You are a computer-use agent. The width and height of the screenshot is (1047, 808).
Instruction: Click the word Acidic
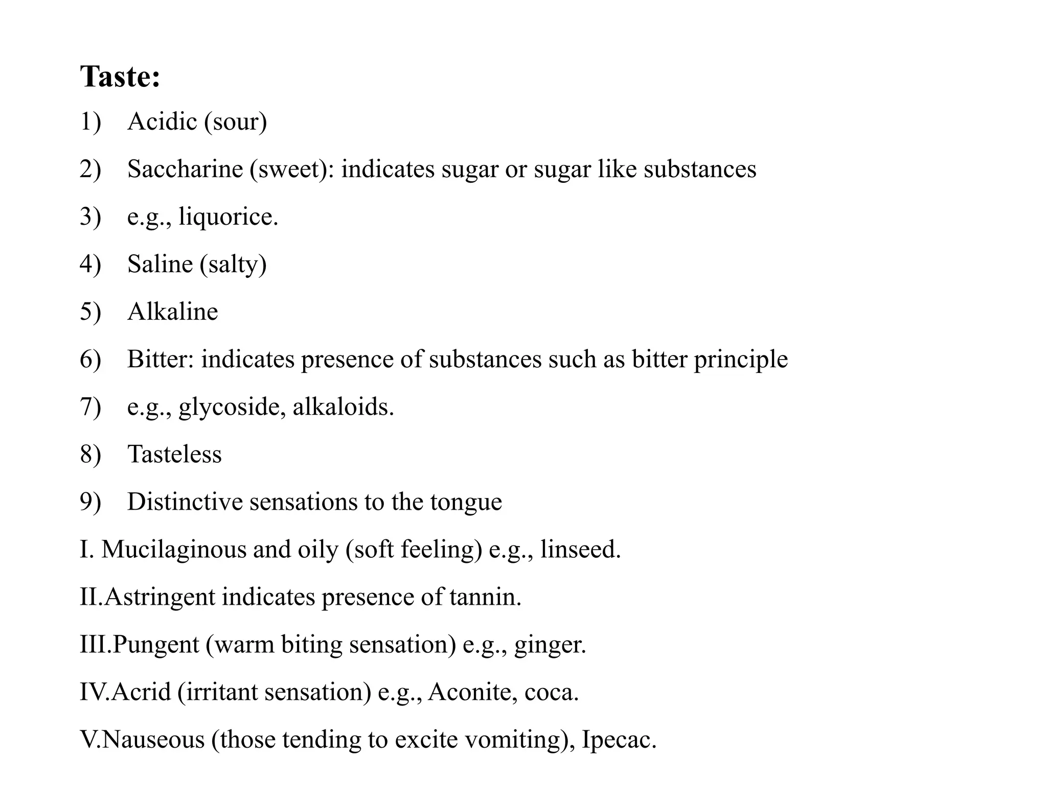(163, 122)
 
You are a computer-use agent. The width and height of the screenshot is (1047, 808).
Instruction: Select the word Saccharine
(185, 169)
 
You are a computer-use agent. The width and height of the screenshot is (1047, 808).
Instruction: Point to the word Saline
(160, 264)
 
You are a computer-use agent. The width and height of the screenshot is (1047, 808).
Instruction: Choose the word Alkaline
(173, 312)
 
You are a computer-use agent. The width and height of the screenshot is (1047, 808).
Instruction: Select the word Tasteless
(174, 454)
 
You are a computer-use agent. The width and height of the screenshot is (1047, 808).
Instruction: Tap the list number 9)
(90, 502)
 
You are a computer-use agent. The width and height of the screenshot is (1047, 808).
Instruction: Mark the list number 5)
(90, 312)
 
